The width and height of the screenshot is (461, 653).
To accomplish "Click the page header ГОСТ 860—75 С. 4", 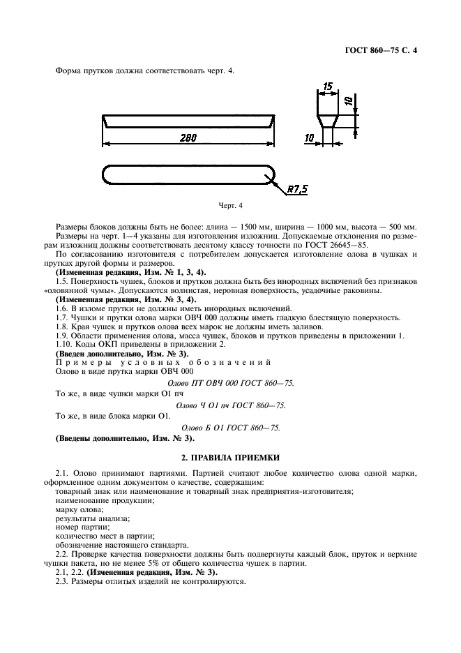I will point(386,50).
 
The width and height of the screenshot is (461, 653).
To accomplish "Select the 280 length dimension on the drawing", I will point(187,138).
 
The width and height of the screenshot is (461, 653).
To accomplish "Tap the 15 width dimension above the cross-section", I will point(326,87).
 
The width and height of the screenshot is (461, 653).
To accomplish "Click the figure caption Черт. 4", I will point(230,207).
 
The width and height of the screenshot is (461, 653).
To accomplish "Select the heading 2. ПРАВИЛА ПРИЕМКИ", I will point(229,458).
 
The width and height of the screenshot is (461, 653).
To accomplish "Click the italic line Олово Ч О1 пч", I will point(231,405).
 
